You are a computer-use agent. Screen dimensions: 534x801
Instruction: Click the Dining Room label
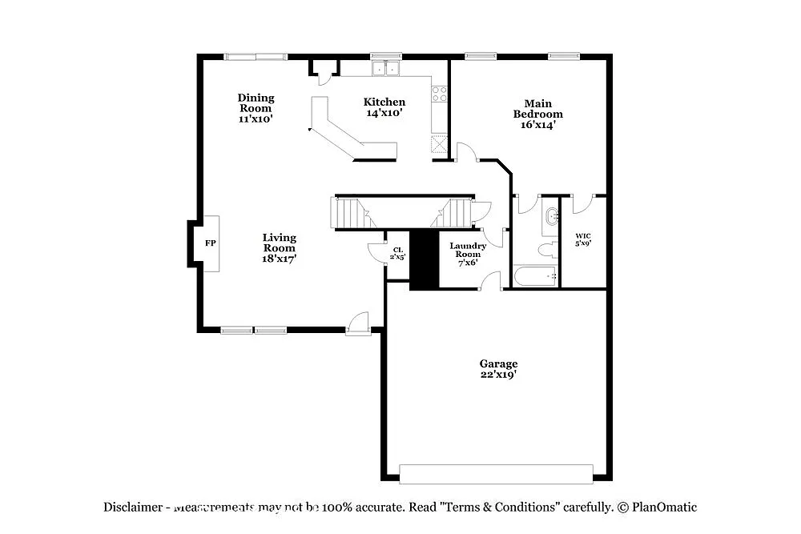tap(256, 108)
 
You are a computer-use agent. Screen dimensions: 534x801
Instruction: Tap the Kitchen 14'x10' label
tap(384, 107)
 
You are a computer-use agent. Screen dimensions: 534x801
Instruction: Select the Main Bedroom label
tap(537, 114)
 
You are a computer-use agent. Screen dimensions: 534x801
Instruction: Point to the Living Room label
tap(280, 248)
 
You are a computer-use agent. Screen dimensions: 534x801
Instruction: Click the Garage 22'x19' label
tap(498, 369)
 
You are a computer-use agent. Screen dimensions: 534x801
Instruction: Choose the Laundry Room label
tap(468, 254)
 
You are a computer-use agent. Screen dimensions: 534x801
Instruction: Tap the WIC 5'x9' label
tap(583, 239)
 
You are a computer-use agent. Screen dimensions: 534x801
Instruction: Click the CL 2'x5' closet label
tap(397, 253)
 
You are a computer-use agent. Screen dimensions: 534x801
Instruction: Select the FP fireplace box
tap(210, 243)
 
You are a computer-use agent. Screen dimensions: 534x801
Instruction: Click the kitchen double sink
tap(385, 69)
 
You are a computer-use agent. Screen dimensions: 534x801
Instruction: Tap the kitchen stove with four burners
tap(439, 94)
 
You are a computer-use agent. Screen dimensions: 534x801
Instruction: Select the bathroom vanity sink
tap(551, 218)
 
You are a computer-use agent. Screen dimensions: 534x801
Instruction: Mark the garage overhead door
tap(497, 473)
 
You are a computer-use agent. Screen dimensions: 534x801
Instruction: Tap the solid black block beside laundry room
tap(424, 259)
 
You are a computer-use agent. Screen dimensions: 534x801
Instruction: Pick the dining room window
tap(255, 57)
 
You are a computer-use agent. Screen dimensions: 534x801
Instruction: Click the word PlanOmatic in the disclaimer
tap(664, 507)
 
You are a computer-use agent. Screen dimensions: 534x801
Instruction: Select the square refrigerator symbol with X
tap(439, 145)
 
